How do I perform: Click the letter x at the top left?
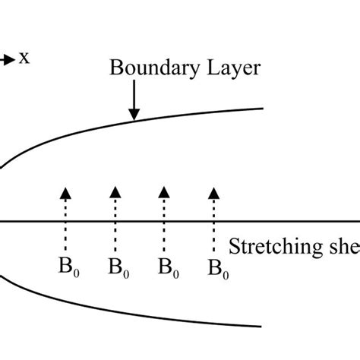[x=25, y=58]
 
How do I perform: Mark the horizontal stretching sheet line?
[x=114, y=222]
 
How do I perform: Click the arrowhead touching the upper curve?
[x=134, y=115]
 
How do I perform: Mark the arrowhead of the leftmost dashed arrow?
[x=65, y=191]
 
